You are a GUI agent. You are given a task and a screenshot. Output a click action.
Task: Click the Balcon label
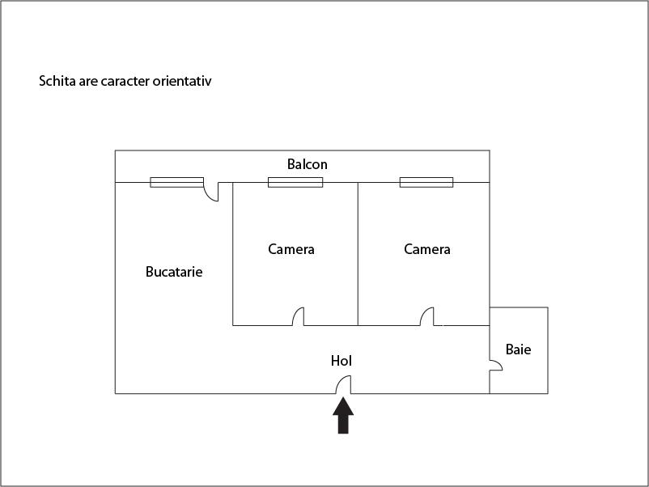[x=308, y=164]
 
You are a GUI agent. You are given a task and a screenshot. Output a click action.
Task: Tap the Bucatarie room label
[x=174, y=272]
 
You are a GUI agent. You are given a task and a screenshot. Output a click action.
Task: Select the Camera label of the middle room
[x=291, y=249]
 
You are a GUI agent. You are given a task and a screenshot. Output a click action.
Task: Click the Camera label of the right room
[x=427, y=249]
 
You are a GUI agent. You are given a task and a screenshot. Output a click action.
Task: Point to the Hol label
[x=341, y=361]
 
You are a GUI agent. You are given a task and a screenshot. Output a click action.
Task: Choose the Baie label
[x=518, y=349]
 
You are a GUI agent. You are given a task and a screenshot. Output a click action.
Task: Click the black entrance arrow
[x=343, y=415]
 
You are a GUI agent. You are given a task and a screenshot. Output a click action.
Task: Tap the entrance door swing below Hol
[x=343, y=384]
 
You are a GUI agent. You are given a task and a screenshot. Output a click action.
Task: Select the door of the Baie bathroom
[x=496, y=366]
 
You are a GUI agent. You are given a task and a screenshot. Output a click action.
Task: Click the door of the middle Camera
[x=298, y=316]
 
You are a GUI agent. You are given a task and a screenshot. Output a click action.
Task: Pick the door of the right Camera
[x=426, y=316]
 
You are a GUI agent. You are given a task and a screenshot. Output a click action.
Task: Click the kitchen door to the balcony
[x=211, y=192]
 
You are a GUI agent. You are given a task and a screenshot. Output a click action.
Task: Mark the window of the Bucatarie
[x=176, y=182]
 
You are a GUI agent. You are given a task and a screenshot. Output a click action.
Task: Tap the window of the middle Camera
[x=295, y=182]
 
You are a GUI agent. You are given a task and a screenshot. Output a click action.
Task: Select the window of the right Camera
[x=426, y=182]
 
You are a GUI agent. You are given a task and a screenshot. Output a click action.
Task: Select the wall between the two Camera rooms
[x=358, y=254]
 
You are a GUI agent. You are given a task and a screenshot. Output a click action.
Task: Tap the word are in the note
[x=88, y=81]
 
